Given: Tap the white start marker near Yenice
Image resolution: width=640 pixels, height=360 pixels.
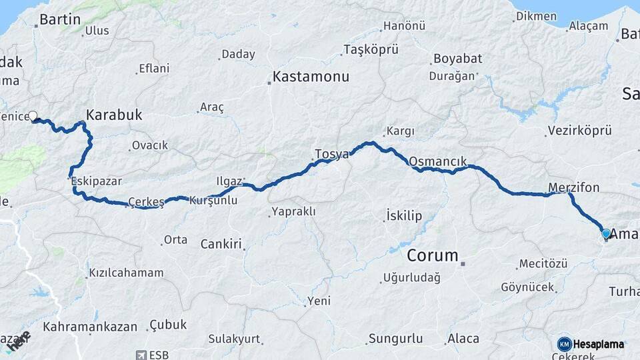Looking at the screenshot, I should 33,115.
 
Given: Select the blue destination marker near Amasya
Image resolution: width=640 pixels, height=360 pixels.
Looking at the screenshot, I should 605,233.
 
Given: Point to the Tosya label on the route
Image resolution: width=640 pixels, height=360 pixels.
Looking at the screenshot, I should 332,155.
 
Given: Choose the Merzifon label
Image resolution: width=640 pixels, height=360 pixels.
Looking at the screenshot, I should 573,187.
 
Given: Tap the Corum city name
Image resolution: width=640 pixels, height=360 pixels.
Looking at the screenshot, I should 433,255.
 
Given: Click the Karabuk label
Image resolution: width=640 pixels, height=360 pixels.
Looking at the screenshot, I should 114,115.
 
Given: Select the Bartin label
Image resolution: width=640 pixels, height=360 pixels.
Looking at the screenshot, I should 60,19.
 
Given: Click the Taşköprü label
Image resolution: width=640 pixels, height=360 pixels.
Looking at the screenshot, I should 371,49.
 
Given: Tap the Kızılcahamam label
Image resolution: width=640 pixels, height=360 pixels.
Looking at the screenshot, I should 126,273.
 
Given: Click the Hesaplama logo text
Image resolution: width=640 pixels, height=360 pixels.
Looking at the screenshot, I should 598,344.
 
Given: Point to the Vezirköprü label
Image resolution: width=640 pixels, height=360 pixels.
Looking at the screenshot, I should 579,131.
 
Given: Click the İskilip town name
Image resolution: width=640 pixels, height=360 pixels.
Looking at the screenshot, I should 404,215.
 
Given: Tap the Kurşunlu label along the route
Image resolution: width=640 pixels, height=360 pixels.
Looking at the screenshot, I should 213,200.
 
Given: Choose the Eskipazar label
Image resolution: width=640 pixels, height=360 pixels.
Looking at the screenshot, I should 97,180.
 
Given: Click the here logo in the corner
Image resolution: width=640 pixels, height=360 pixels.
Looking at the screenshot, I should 19,341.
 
